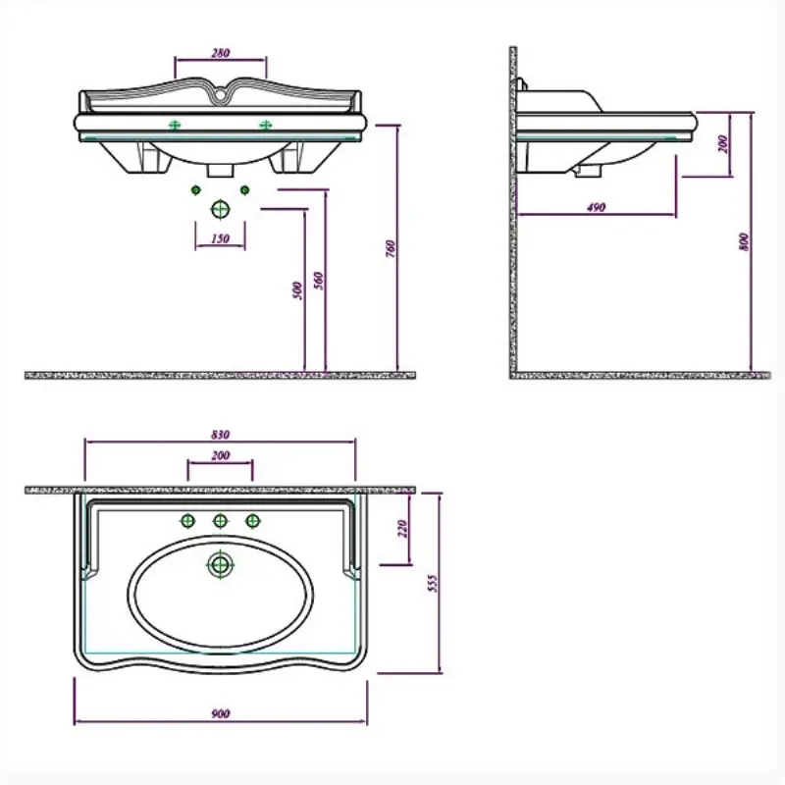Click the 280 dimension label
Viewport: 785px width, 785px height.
click(220, 53)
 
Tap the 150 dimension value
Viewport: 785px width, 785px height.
click(220, 238)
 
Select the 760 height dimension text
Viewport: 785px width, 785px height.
click(391, 249)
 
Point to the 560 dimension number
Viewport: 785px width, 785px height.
click(318, 281)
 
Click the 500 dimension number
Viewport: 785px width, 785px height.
click(297, 290)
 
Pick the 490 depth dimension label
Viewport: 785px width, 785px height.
click(596, 207)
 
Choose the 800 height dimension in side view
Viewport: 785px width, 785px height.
click(744, 241)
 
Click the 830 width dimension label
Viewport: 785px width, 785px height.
click(220, 434)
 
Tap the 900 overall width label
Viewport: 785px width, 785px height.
click(220, 713)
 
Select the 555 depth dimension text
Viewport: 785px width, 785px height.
click(433, 583)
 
